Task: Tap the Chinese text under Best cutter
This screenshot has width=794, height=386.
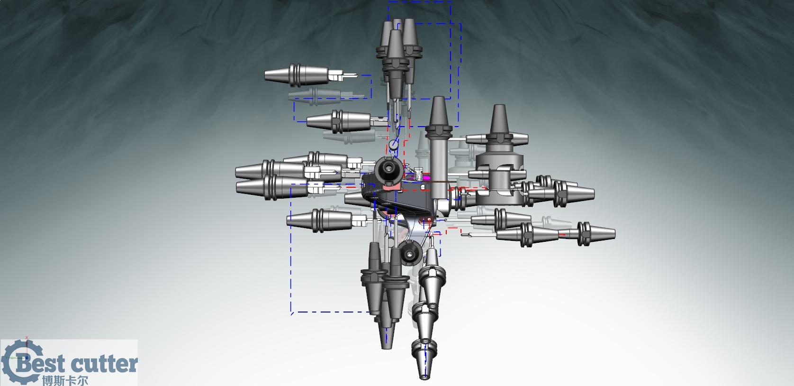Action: point(65,380)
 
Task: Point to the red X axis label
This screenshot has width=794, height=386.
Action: point(27,338)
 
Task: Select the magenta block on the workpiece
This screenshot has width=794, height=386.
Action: point(417,175)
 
